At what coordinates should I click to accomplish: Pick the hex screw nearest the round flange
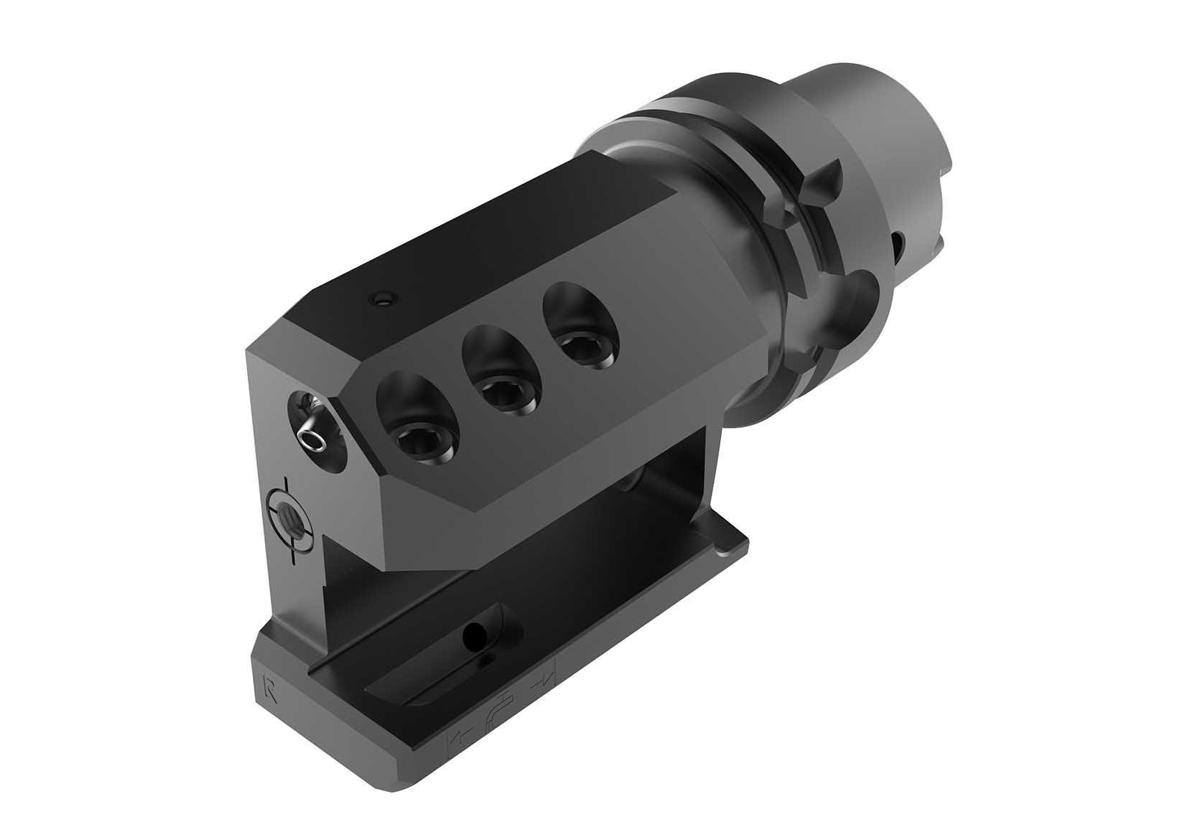coord(580,349)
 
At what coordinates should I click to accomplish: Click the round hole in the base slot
coord(474,633)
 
